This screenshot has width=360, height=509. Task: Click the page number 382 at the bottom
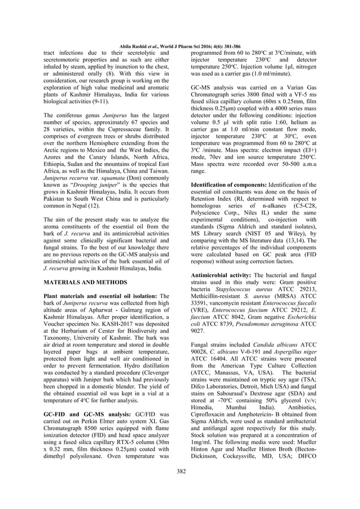point(180,486)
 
